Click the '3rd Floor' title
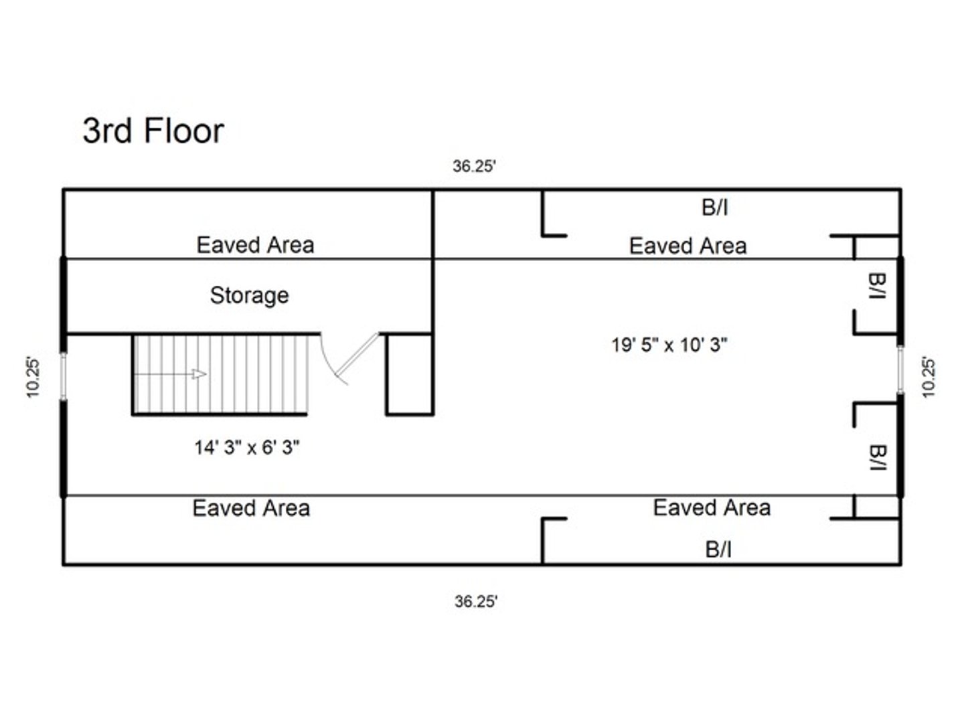(153, 131)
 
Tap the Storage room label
(249, 295)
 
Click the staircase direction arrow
(199, 374)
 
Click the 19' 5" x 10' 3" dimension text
(669, 345)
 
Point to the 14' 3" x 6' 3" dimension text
(246, 447)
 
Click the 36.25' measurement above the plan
(474, 167)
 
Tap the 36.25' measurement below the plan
(476, 602)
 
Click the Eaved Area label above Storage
(255, 245)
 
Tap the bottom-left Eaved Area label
(251, 508)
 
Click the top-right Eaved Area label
(688, 246)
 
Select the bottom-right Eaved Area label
(712, 507)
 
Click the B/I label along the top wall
(714, 208)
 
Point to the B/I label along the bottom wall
(718, 550)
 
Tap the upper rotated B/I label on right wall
(878, 286)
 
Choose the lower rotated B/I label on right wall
(878, 457)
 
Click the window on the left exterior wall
(64, 376)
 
